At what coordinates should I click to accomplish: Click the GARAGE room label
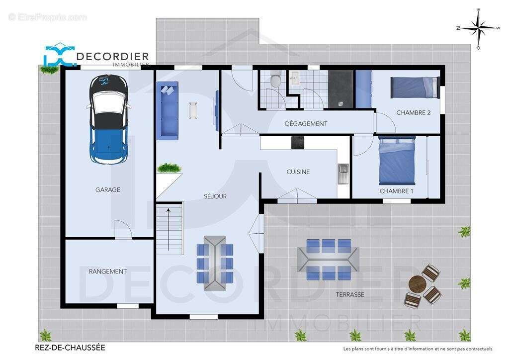(108, 189)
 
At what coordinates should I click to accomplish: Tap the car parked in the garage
(108, 119)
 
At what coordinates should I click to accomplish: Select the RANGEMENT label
(108, 271)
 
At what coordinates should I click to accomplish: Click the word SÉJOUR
(215, 196)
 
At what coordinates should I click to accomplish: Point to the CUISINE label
(298, 172)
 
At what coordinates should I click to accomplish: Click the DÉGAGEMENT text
(306, 124)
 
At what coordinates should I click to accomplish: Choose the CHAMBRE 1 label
(396, 191)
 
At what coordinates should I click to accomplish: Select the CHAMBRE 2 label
(413, 113)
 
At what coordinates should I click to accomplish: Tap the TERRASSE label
(350, 294)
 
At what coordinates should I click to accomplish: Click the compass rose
(478, 28)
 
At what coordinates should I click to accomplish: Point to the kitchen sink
(343, 174)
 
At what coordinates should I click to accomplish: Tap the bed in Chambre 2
(415, 87)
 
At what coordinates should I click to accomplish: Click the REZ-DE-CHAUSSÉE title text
(70, 348)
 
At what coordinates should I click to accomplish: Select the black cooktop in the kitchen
(298, 142)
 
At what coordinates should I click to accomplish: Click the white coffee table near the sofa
(193, 110)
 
